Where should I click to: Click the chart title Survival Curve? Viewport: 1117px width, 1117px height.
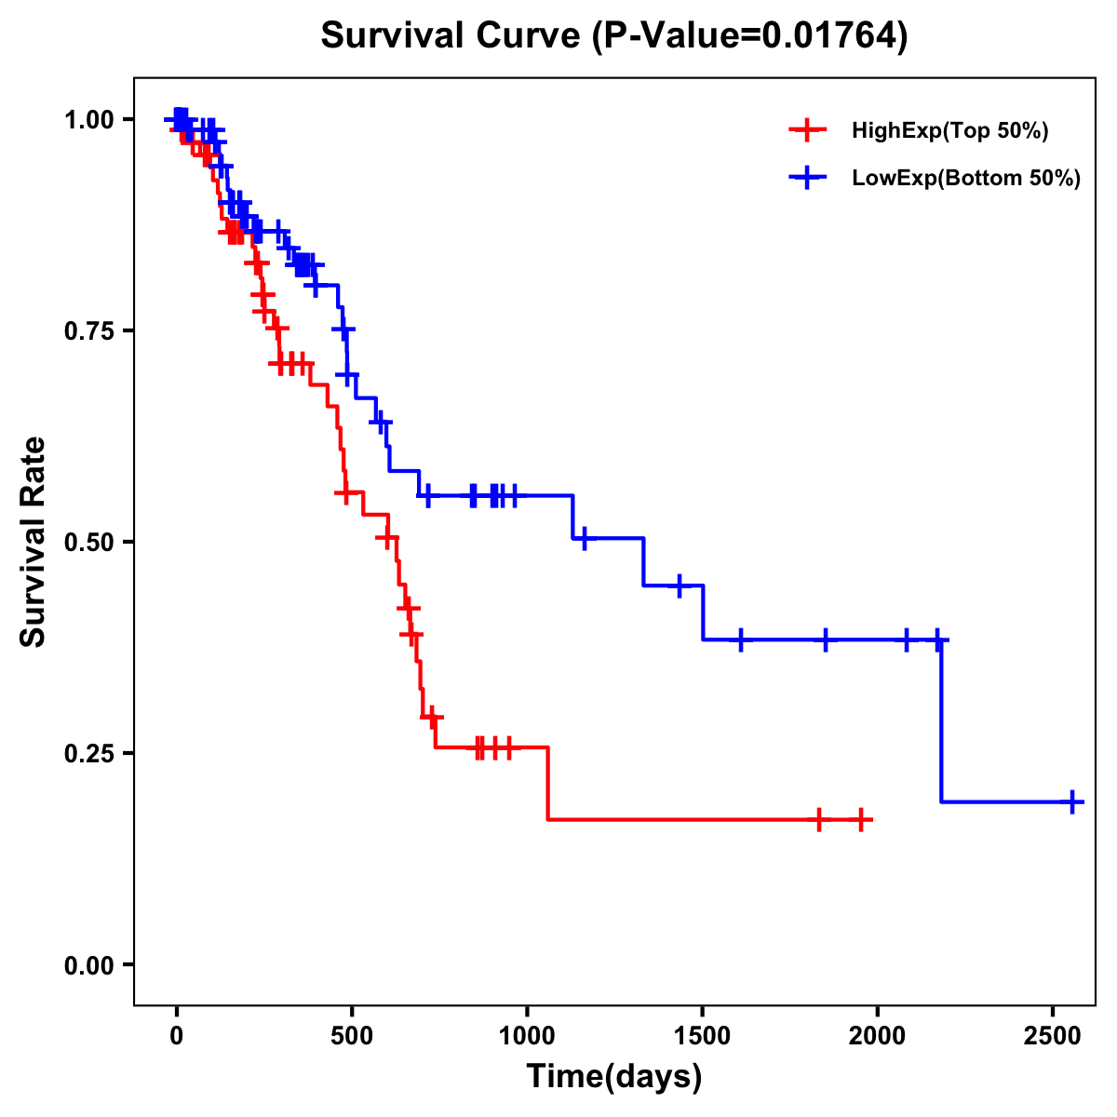[613, 36]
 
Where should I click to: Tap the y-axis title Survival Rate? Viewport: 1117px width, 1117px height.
[34, 541]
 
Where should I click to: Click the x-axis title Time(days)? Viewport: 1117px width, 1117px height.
[614, 1077]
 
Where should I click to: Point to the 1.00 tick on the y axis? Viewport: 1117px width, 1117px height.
[88, 120]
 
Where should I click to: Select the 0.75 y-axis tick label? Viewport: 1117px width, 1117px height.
[88, 331]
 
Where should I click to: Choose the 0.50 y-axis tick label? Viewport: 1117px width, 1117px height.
[88, 542]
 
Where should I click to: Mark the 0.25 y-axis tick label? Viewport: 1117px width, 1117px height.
[88, 753]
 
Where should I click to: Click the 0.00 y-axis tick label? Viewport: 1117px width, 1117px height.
[88, 965]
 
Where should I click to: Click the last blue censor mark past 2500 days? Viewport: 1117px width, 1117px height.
[1072, 801]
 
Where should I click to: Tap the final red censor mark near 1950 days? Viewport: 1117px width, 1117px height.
[861, 820]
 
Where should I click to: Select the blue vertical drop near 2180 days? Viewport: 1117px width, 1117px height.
[941, 721]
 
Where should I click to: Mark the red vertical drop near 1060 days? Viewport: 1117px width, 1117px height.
[547, 784]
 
